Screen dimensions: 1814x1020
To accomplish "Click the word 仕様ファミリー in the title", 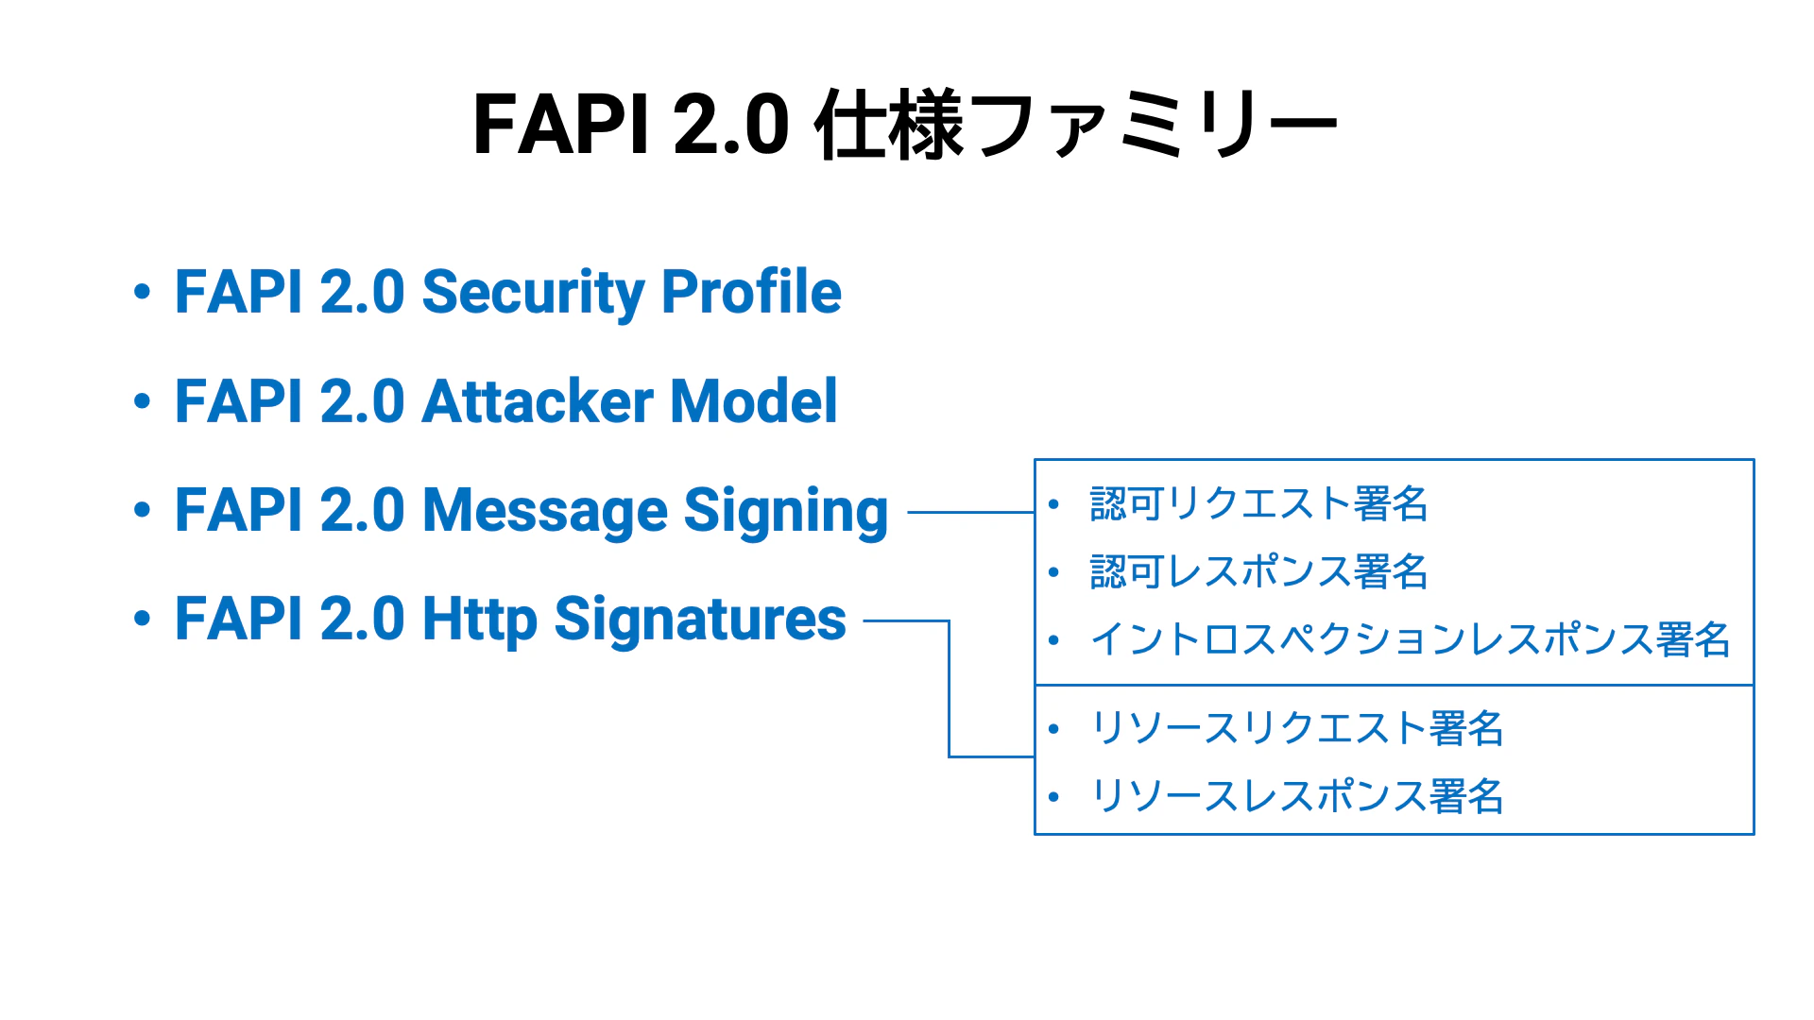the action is tap(1077, 125).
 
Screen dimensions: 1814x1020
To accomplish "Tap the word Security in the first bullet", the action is tap(533, 294).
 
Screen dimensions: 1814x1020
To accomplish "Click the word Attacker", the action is tap(538, 401).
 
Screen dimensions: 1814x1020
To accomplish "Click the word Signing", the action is tap(786, 512).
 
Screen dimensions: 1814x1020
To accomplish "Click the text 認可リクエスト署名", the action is tap(1258, 503).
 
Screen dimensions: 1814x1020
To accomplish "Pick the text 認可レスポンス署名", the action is tap(1258, 571).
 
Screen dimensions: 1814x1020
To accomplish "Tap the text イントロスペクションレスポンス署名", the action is tap(1410, 639).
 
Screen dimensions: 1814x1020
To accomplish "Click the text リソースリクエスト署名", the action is tap(1296, 728).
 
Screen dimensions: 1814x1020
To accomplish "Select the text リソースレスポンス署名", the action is tap(1296, 796).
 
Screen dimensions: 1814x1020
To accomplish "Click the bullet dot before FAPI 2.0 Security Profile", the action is tap(142, 292).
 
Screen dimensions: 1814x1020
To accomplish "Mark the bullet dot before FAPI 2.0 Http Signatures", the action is tap(142, 620).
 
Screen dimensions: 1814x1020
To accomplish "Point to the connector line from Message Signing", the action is tap(971, 513).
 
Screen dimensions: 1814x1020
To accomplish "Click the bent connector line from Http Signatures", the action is tap(949, 689).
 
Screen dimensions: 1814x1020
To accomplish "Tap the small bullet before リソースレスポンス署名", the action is tap(1053, 797).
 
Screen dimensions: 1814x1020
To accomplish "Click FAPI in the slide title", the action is tap(560, 125).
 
